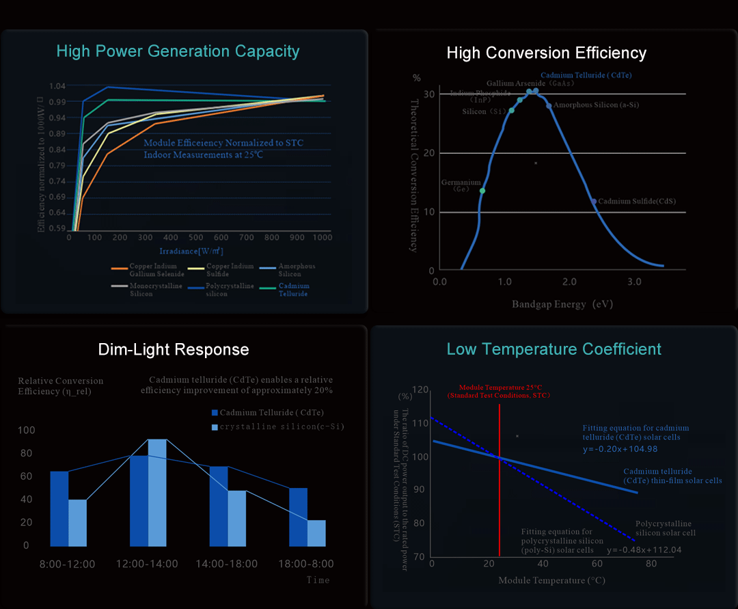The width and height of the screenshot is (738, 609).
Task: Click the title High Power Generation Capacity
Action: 178,51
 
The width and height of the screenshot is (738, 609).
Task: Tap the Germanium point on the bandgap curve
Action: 482,191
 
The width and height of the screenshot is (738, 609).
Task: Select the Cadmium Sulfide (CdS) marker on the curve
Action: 593,202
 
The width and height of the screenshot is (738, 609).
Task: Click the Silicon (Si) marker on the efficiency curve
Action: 511,111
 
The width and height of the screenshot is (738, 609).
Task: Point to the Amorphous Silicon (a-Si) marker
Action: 549,106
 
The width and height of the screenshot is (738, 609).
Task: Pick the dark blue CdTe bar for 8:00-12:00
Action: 59,509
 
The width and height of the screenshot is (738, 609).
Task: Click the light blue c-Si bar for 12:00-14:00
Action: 157,492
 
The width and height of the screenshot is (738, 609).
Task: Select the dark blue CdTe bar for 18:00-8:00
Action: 298,517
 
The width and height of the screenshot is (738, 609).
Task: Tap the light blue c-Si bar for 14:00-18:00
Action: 236,518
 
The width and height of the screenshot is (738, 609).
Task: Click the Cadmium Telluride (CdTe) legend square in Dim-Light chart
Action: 215,413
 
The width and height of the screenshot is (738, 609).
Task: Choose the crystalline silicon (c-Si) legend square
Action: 215,427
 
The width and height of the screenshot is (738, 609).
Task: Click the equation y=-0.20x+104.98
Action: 620,449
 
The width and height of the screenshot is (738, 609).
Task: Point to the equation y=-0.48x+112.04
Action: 644,550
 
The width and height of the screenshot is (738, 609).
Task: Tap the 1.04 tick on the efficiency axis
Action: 58,86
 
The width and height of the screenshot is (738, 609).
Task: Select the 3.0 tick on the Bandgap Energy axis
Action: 634,282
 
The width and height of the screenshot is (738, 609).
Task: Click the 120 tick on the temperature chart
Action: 420,390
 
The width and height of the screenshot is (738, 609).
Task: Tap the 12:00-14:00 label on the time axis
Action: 148,564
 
